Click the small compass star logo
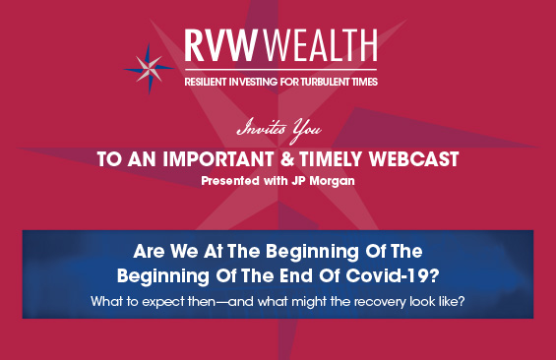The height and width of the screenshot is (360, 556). point(149,69)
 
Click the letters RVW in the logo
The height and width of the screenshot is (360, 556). point(220,45)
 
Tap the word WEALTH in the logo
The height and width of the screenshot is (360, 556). point(320,45)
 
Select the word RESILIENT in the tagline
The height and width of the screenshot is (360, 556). point(206,82)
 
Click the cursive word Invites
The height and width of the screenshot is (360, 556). point(262,128)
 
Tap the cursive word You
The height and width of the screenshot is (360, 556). point(306,131)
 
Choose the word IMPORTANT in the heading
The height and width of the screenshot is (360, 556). point(218,159)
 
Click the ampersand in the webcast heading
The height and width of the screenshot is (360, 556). point(287,159)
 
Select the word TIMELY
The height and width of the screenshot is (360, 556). point(331,159)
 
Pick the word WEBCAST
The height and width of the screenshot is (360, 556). point(414,159)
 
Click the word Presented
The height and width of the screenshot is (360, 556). point(230,181)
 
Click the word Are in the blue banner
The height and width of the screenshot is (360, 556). point(149,251)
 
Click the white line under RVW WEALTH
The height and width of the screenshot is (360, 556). point(280,70)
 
